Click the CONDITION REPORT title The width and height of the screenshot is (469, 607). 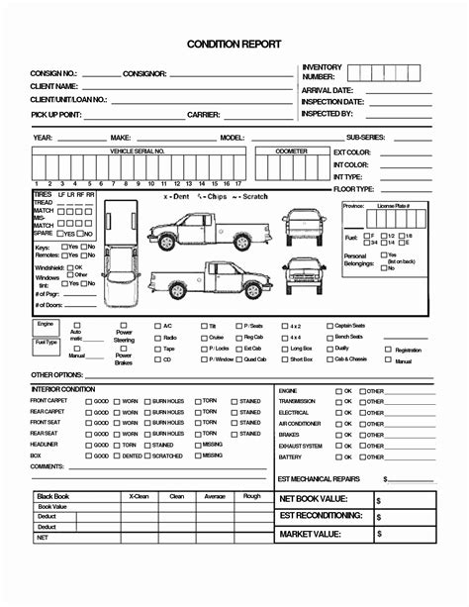(234, 46)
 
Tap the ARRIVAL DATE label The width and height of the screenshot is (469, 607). (328, 90)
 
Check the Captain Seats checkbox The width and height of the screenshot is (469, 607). (329, 325)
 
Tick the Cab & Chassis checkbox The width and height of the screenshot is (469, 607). (329, 358)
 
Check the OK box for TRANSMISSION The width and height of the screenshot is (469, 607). (336, 401)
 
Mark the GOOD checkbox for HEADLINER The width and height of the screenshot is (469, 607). (90, 445)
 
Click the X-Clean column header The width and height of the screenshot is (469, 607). (139, 496)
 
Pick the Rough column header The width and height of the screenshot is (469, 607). (252, 496)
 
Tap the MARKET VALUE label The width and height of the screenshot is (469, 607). (310, 534)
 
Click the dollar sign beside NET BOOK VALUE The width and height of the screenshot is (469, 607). (378, 500)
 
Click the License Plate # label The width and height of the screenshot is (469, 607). (395, 205)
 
